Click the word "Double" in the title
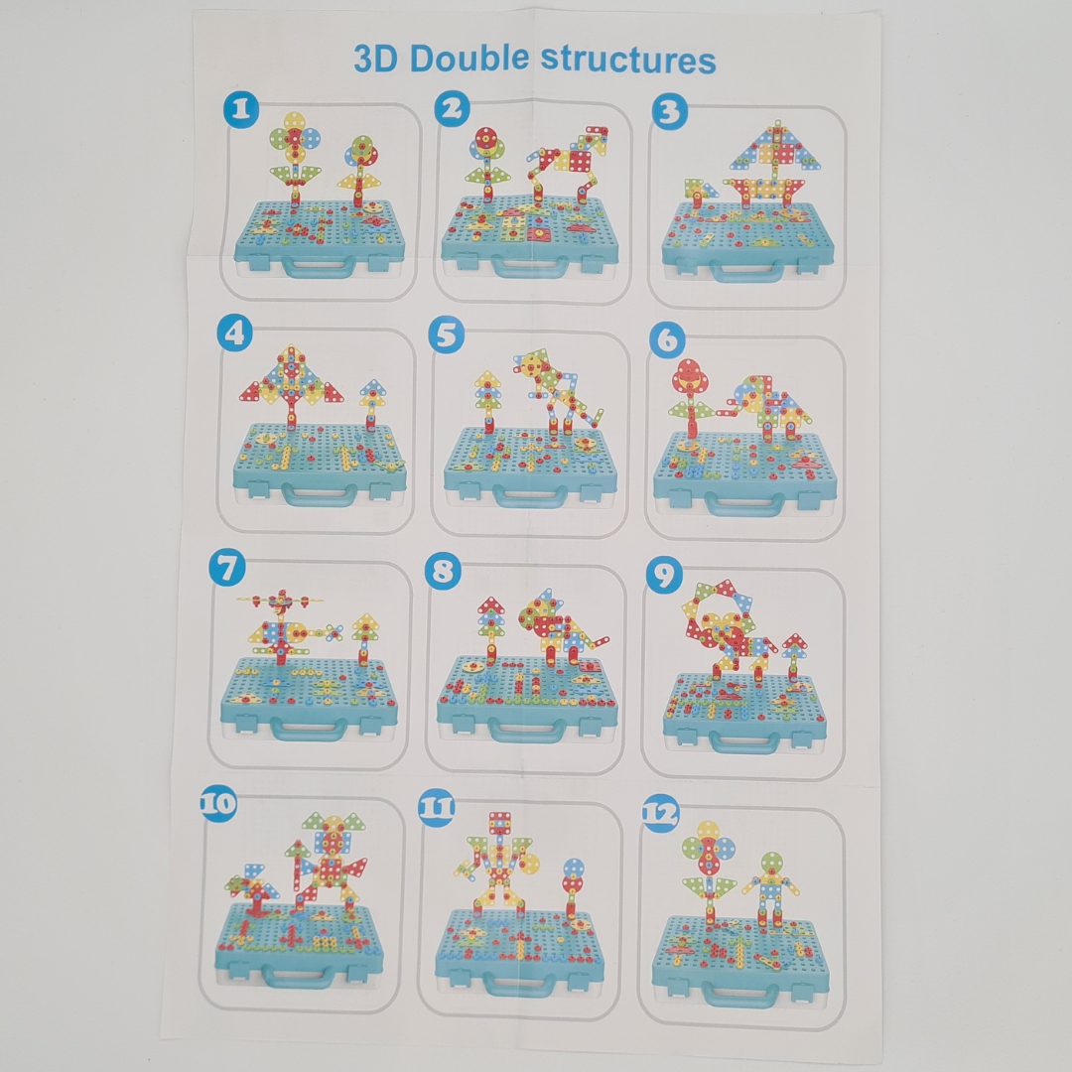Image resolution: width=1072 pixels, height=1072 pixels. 469,60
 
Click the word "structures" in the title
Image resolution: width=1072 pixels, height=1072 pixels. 627,60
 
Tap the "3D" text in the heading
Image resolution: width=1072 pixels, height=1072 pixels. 376,59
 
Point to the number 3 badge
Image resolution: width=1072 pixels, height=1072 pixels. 669,112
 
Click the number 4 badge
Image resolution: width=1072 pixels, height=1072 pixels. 234,333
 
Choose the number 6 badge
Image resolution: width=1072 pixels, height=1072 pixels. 667,340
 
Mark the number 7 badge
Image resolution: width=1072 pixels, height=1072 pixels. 228,569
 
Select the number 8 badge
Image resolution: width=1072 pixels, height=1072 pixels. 443,571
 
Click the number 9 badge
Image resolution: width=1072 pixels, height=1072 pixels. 663,573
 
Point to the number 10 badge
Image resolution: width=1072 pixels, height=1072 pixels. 218,802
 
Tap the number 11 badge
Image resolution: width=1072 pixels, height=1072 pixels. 437,806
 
